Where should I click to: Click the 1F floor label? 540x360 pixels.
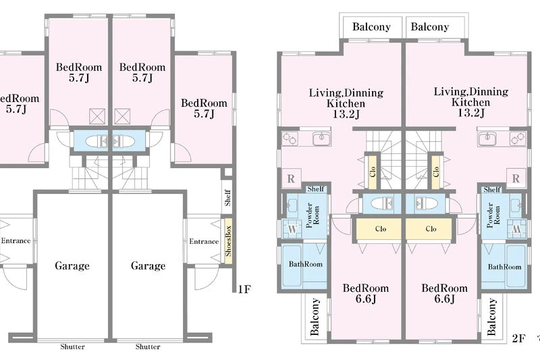click(244, 288)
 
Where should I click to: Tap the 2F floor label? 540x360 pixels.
click(518, 338)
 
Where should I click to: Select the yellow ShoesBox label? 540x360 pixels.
click(228, 241)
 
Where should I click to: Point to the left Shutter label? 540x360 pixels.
click(72, 346)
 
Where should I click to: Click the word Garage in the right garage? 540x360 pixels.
click(148, 265)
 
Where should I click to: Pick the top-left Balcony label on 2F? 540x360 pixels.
click(371, 26)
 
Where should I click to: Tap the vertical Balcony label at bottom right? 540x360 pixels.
click(491, 317)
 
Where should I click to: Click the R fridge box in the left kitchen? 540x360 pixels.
click(292, 178)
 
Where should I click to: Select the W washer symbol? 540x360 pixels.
click(292, 229)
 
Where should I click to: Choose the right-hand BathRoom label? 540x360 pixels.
click(504, 267)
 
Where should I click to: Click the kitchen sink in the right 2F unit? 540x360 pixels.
click(487, 138)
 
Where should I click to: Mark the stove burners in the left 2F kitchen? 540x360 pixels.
click(290, 138)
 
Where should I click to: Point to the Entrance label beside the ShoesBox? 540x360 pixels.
click(204, 242)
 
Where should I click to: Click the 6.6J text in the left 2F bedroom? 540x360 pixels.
click(366, 299)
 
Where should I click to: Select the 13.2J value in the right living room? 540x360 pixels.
click(471, 113)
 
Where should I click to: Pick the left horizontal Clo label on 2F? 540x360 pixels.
click(381, 229)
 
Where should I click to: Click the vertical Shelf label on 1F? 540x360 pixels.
click(227, 197)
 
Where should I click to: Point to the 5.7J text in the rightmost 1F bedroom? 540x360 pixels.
click(205, 113)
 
